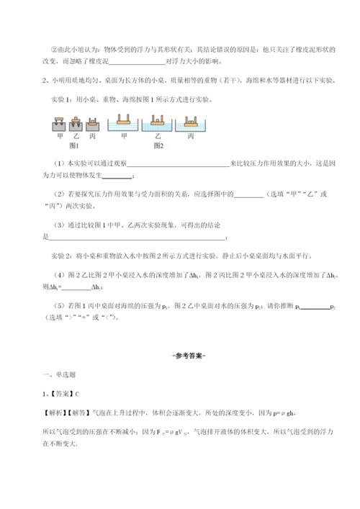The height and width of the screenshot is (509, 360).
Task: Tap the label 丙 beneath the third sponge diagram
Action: [91, 135]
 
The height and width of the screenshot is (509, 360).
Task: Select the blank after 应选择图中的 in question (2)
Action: [249, 194]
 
